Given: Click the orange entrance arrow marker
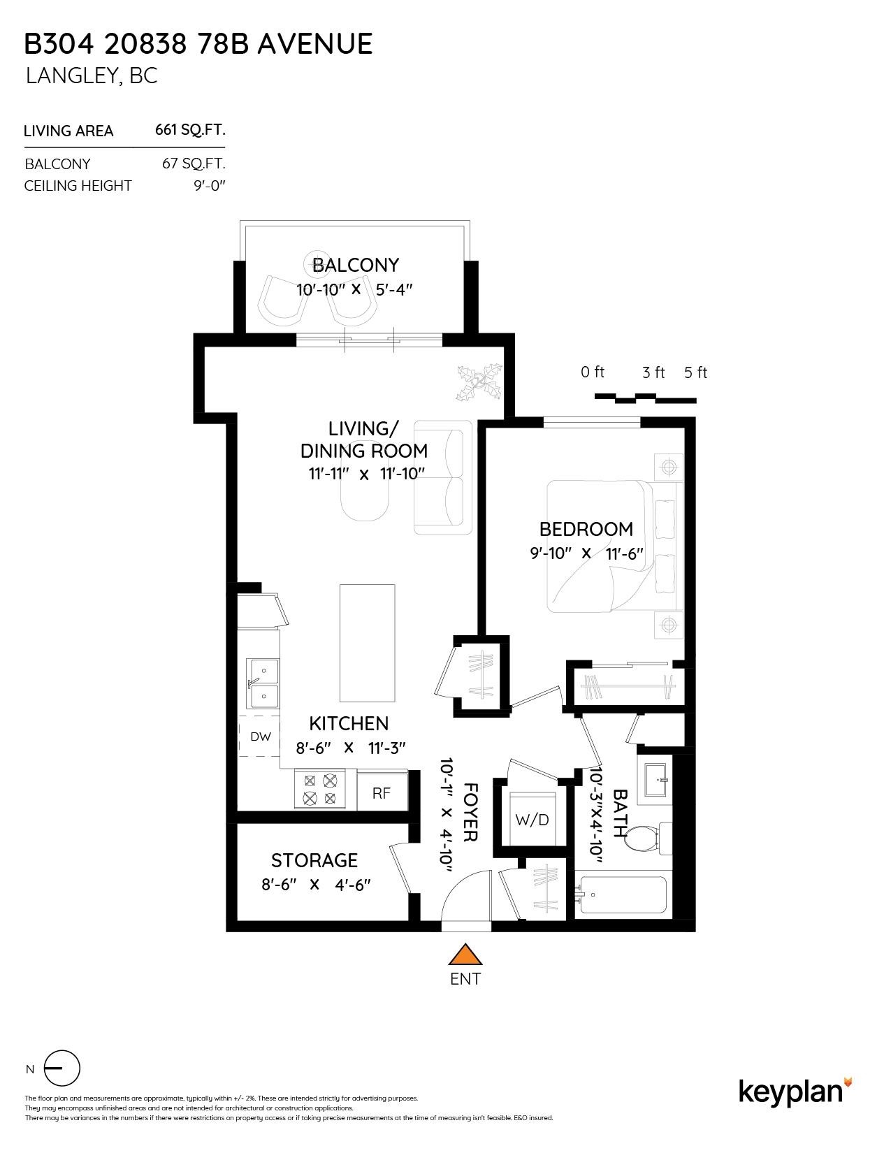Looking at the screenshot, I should click(x=465, y=955).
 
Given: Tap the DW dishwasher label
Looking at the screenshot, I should click(x=260, y=736).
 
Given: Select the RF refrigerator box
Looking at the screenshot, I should click(x=382, y=792).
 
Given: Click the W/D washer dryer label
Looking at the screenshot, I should click(x=532, y=820).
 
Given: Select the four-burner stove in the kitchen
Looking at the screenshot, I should click(x=320, y=790).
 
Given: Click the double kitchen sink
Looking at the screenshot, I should click(x=263, y=684).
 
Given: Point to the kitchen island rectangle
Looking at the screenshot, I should click(x=367, y=642).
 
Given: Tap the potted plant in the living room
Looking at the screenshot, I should click(x=479, y=382).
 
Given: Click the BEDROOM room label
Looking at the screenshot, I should click(x=586, y=529).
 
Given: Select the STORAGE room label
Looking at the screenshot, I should click(x=314, y=860).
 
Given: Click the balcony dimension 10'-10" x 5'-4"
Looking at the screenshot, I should click(x=355, y=289).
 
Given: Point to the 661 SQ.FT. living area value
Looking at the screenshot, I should click(x=190, y=130).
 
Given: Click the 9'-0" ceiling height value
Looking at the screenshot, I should click(x=210, y=186).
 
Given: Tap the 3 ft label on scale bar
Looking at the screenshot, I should click(x=653, y=372).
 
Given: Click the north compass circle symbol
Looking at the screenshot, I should click(x=62, y=1068).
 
